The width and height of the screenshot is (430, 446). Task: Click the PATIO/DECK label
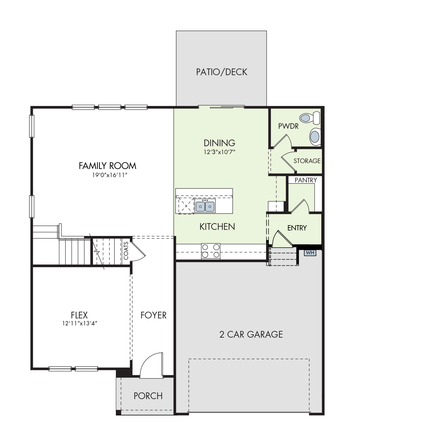(222, 72)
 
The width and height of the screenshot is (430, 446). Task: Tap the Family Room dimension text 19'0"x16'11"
(110, 175)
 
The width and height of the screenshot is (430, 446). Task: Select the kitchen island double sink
(205, 206)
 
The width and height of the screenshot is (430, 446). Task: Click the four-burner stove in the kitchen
(210, 251)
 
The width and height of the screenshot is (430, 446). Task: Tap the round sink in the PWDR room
(315, 136)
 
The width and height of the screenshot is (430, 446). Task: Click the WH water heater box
(310, 253)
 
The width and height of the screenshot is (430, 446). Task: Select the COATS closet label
(126, 251)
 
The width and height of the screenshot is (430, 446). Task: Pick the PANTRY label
(306, 180)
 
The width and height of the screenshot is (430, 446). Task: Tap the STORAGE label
(307, 161)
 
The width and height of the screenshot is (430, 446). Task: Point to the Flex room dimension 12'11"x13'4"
(79, 323)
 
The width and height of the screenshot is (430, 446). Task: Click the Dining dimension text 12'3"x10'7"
(219, 152)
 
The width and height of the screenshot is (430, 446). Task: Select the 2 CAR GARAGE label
(251, 334)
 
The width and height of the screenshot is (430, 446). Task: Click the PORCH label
(148, 396)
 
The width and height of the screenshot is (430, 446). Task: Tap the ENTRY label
(297, 228)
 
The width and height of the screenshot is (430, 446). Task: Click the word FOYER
(153, 315)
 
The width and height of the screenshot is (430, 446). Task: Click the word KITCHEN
(217, 227)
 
